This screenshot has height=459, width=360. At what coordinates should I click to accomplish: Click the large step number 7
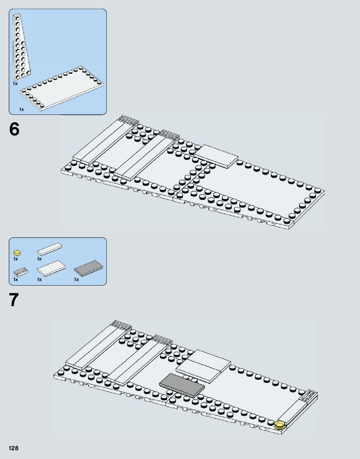point(14,300)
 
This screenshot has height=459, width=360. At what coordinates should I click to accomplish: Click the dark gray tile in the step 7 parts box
point(89,268)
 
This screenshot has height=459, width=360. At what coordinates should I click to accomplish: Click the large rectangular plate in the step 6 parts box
point(63,88)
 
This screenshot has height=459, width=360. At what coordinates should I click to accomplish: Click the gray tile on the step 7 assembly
point(182,386)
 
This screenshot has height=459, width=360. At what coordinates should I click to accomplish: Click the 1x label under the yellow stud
point(16,259)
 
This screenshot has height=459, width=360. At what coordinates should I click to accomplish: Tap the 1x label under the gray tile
point(77,280)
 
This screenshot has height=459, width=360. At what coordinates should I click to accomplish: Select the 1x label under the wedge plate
point(15,84)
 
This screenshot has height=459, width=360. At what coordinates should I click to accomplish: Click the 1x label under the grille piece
point(16,280)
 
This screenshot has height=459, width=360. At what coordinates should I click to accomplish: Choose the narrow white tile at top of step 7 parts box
point(49,249)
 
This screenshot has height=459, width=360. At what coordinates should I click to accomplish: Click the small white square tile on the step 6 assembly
point(216,155)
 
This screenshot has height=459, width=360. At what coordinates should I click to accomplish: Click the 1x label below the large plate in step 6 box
point(21,109)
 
